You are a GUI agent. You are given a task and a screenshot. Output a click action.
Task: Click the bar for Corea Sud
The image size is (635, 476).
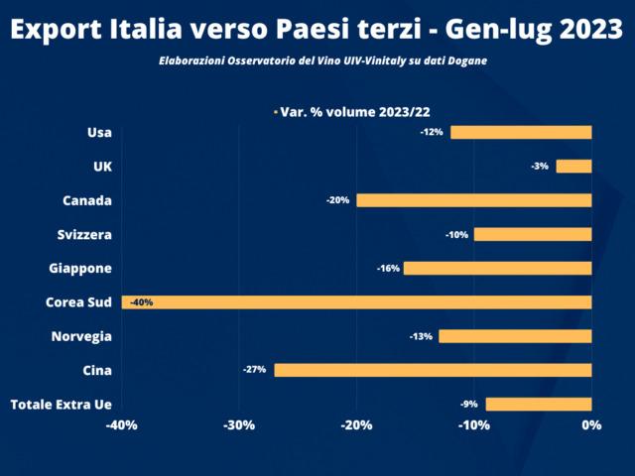[357, 302]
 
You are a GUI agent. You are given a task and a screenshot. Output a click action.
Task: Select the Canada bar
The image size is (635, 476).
[474, 200]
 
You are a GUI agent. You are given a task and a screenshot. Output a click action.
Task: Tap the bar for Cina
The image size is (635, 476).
[433, 370]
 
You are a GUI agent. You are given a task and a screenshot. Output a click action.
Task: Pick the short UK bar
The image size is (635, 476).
[573, 167]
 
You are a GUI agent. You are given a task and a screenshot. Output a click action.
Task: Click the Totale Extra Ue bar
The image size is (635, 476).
[539, 404]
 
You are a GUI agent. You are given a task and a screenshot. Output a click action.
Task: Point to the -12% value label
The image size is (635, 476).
[432, 132]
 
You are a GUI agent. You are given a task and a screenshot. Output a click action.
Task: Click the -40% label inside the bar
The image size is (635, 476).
[142, 302]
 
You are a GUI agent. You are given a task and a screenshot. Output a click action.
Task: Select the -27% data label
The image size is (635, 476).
[254, 370]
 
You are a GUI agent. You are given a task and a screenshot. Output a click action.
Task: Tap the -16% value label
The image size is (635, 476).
[388, 269]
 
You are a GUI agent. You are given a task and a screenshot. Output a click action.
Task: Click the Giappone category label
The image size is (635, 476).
[80, 269]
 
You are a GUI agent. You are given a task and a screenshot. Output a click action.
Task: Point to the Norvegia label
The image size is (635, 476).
[81, 336]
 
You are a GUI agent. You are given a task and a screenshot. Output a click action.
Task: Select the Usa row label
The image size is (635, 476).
[99, 132]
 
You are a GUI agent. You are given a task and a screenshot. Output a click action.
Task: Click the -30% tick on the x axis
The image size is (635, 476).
[239, 425]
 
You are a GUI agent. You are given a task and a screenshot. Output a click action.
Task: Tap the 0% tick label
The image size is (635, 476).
[591, 425]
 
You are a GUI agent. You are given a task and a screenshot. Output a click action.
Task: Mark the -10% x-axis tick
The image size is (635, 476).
[473, 425]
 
